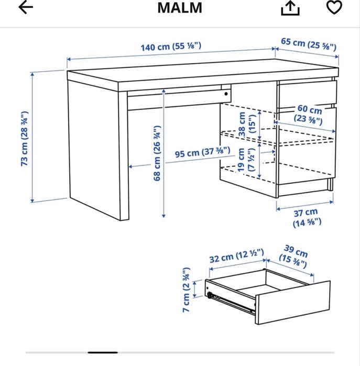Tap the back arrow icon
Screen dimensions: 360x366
click(26, 7)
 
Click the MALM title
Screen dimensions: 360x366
click(180, 8)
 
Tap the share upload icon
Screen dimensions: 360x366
click(290, 8)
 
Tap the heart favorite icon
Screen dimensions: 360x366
click(334, 7)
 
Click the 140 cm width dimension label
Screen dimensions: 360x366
click(170, 46)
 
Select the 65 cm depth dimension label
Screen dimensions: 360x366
click(309, 43)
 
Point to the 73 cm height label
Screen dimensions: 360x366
click(25, 139)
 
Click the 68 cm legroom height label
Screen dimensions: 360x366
click(157, 153)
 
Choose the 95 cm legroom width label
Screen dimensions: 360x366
click(203, 152)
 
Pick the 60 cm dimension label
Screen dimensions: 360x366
click(309, 114)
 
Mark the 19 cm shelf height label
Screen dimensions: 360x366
click(246, 160)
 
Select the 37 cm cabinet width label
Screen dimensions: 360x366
click(307, 217)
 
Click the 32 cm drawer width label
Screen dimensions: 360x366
click(236, 256)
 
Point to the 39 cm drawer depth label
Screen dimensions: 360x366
click(294, 256)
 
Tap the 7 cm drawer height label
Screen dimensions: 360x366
click(186, 290)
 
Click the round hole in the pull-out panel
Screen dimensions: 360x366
click(226, 94)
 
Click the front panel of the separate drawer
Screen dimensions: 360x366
click(293, 303)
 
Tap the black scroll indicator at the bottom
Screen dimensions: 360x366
click(103, 352)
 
